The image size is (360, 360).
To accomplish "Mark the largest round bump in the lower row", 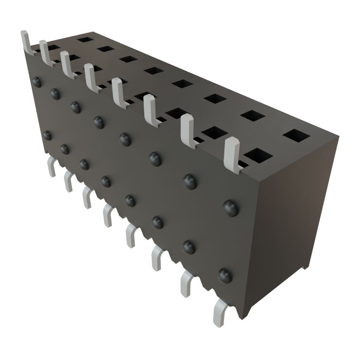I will tap(225, 275).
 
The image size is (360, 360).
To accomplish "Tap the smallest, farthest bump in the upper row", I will tap(36, 82).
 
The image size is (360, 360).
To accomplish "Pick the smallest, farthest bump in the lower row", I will tap(47, 135).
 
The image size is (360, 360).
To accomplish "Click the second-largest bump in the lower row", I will tap(189, 247).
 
